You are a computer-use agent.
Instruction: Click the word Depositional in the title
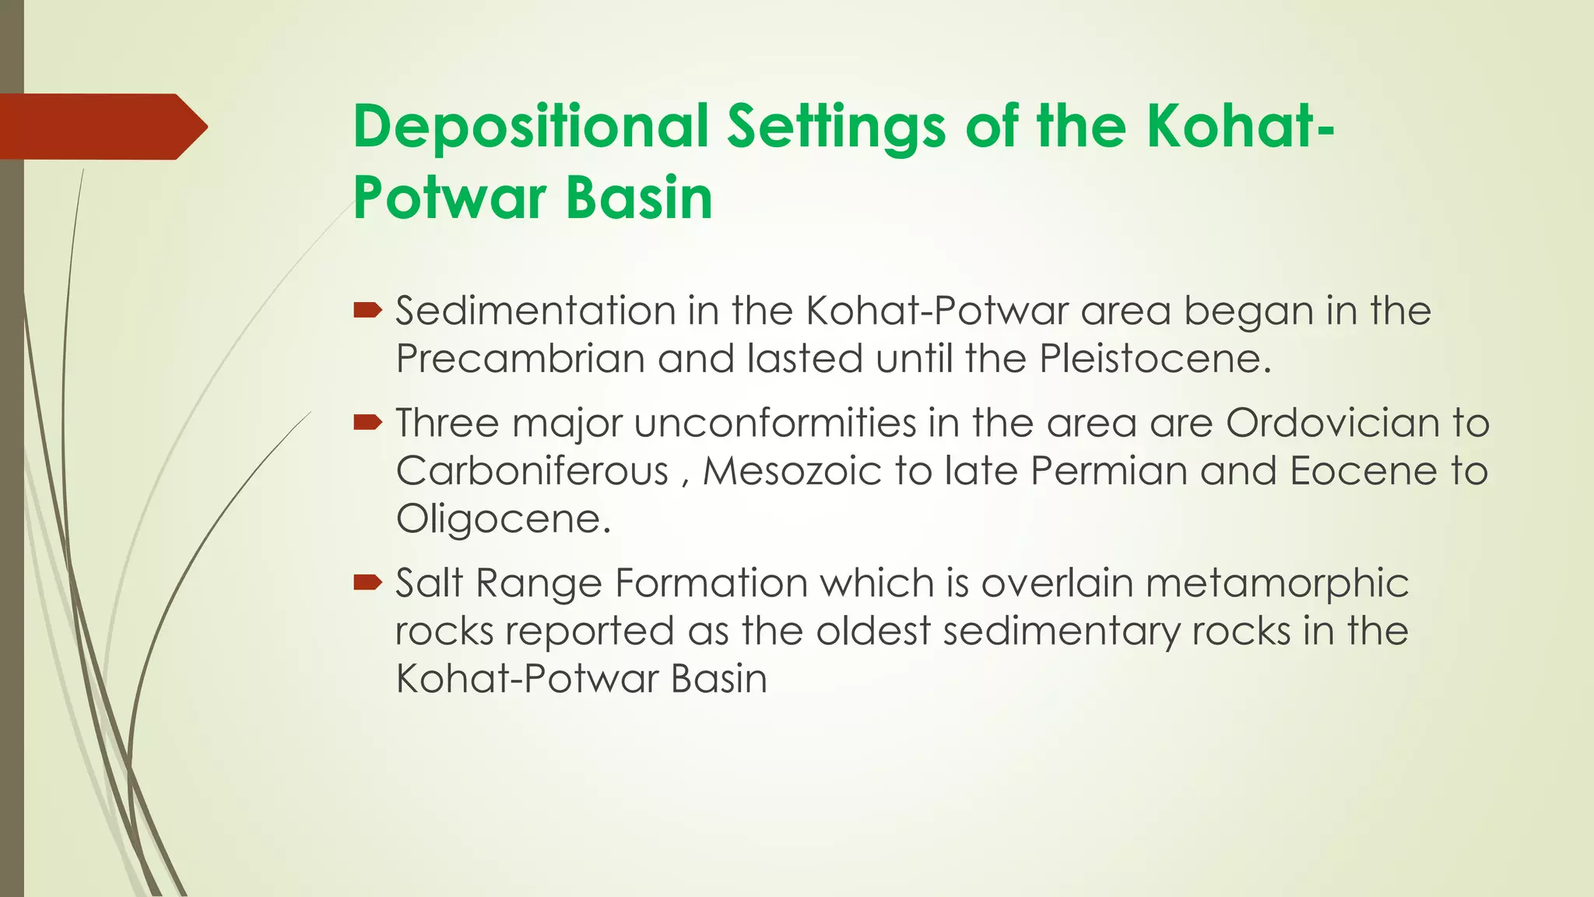click(530, 126)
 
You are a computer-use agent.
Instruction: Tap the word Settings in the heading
click(836, 126)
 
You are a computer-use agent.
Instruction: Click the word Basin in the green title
click(639, 198)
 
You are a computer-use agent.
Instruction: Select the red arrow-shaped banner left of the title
click(101, 127)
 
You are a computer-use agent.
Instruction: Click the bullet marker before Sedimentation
click(367, 311)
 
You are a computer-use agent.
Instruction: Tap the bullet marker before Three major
click(367, 423)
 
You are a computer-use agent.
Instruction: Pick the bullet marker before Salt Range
click(367, 582)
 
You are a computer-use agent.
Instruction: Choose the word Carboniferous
click(532, 471)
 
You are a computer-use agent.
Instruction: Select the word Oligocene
click(503, 519)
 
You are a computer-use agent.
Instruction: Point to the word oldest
click(872, 631)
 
